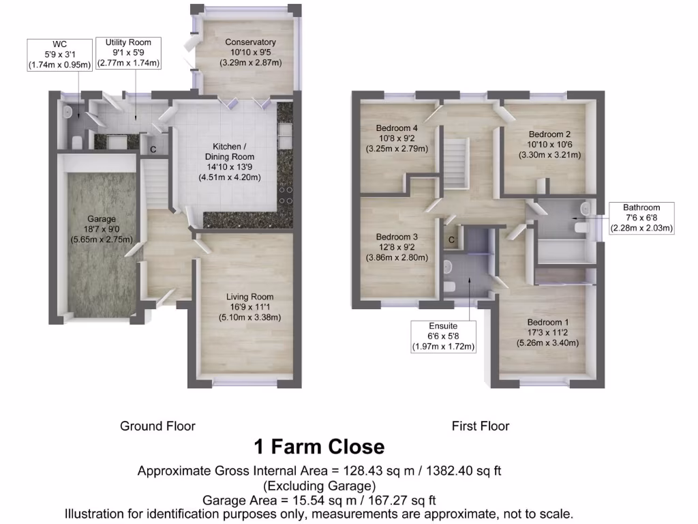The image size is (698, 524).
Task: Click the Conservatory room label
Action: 250,42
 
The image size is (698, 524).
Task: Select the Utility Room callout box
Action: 127,53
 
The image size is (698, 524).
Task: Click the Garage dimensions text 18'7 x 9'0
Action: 102,230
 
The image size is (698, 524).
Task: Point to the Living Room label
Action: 250,297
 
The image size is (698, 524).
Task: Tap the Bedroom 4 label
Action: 397,128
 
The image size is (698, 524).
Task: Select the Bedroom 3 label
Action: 397,237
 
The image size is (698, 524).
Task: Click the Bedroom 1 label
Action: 547,322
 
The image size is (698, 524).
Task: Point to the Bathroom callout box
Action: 641,218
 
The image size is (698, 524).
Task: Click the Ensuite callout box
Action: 443,336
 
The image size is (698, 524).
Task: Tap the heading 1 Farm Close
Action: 319,447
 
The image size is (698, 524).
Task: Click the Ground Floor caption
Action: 157,426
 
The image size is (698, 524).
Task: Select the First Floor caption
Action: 481,426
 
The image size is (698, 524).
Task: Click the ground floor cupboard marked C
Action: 153,149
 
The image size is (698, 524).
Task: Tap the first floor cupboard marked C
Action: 451,239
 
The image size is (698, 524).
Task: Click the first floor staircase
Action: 457,164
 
